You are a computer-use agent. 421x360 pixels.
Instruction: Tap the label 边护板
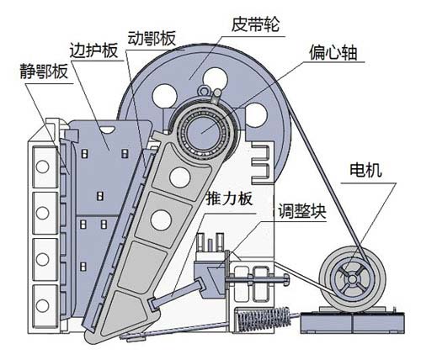coord(90,50)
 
